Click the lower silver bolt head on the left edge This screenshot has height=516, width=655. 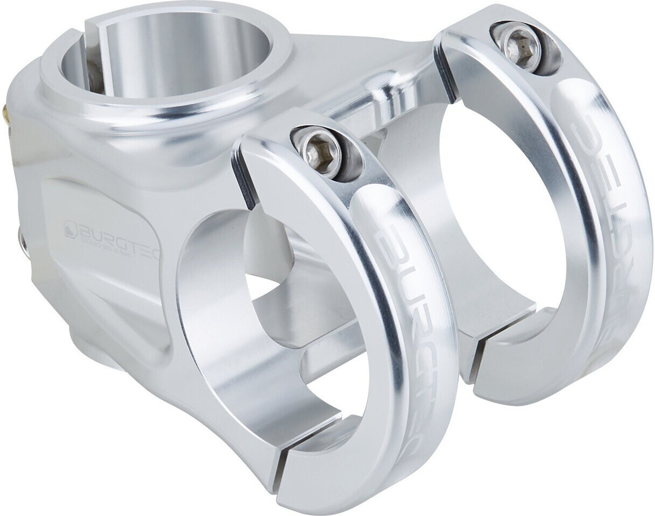pyautogui.click(x=22, y=239)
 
